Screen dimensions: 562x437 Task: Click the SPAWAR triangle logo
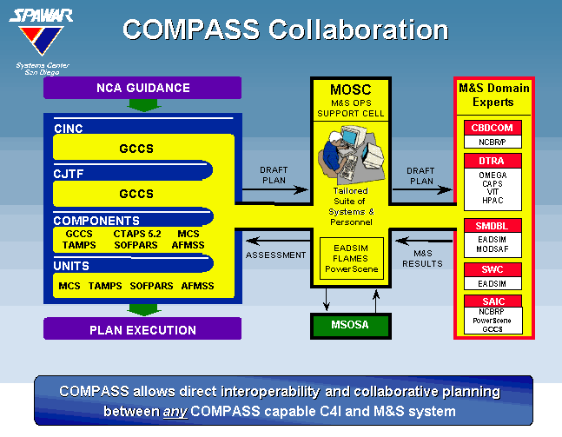click(x=41, y=40)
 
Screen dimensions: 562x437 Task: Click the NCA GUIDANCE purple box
click(x=142, y=88)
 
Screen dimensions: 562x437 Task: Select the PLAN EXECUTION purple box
click(x=142, y=328)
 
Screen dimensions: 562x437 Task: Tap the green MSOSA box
click(x=351, y=326)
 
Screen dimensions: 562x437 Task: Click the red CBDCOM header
click(x=493, y=128)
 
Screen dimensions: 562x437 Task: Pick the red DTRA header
click(x=493, y=161)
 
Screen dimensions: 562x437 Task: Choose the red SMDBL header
click(x=493, y=226)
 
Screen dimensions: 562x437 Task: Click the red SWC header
click(x=493, y=269)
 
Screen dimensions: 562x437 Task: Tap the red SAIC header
click(x=493, y=301)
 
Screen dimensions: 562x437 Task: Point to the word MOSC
click(x=351, y=89)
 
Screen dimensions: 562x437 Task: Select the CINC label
click(x=68, y=129)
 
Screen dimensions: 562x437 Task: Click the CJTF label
click(x=68, y=174)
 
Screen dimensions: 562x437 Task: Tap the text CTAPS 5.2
click(x=137, y=234)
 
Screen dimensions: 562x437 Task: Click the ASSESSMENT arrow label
click(x=275, y=255)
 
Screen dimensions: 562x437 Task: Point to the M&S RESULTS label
click(x=422, y=259)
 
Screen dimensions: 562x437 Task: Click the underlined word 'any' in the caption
click(x=175, y=412)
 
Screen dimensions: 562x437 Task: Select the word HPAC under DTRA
click(x=493, y=201)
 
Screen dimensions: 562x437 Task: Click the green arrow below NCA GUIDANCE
click(x=143, y=105)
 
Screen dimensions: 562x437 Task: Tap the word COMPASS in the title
click(x=191, y=30)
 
